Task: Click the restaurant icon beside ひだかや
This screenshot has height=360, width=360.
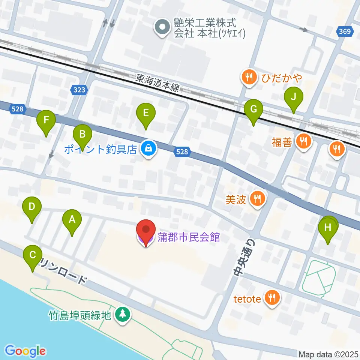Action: click(x=249, y=78)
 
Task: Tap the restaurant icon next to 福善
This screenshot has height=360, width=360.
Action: click(x=303, y=141)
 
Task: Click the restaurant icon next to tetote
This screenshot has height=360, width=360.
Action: click(x=271, y=298)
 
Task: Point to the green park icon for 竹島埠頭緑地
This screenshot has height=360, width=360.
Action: click(x=122, y=314)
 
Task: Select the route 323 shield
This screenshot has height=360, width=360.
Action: click(x=79, y=90)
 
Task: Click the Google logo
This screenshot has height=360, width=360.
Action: click(x=25, y=351)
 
